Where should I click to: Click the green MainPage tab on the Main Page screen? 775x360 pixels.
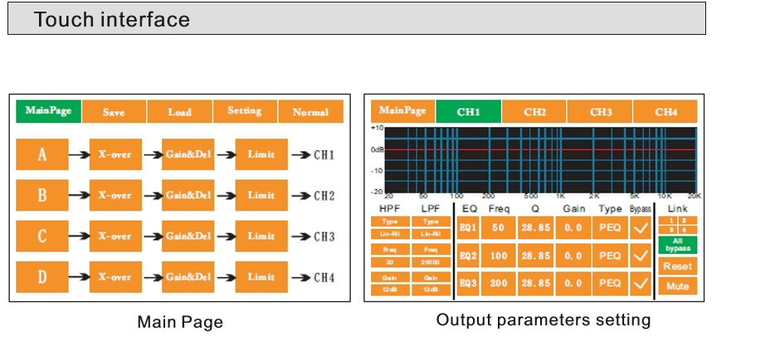pyautogui.click(x=48, y=111)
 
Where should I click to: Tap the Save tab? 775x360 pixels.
pyautogui.click(x=114, y=112)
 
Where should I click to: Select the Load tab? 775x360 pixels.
pyautogui.click(x=179, y=112)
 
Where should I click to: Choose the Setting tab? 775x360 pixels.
pyautogui.click(x=245, y=111)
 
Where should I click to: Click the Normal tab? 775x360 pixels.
pyautogui.click(x=310, y=112)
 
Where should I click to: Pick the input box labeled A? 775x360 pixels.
pyautogui.click(x=42, y=154)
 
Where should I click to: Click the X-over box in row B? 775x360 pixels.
pyautogui.click(x=115, y=196)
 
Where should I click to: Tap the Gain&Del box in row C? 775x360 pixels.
pyautogui.click(x=188, y=236)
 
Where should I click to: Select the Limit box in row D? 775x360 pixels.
pyautogui.click(x=261, y=276)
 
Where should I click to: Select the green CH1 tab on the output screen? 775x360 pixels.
pyautogui.click(x=469, y=111)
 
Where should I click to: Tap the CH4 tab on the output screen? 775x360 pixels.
pyautogui.click(x=665, y=111)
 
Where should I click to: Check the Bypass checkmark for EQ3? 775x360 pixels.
pyautogui.click(x=641, y=284)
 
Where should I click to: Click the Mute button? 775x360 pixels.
pyautogui.click(x=678, y=285)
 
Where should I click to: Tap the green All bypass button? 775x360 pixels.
pyautogui.click(x=678, y=246)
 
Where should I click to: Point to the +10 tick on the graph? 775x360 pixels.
pyautogui.click(x=377, y=129)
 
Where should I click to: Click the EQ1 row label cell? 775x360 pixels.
pyautogui.click(x=468, y=227)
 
